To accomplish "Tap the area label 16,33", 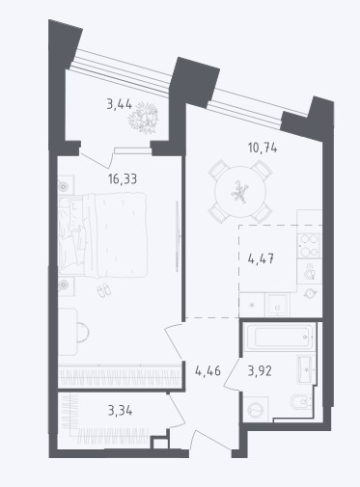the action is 123,179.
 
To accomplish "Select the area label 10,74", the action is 263,149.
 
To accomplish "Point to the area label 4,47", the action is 261,258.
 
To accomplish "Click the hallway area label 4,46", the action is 208,371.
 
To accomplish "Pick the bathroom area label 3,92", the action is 260,371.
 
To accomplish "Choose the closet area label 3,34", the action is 120,411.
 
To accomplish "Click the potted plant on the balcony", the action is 144,118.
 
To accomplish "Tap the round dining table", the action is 240,192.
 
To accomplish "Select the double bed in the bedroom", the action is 103,234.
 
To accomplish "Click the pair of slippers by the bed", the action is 104,290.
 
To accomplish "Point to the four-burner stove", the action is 309,246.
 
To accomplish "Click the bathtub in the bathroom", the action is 278,337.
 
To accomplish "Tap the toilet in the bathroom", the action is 301,401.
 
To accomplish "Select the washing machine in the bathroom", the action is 256,409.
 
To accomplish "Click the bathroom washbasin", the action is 306,369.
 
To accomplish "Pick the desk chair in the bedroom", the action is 83,332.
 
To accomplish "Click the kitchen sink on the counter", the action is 277,305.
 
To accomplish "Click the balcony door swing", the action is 97,160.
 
